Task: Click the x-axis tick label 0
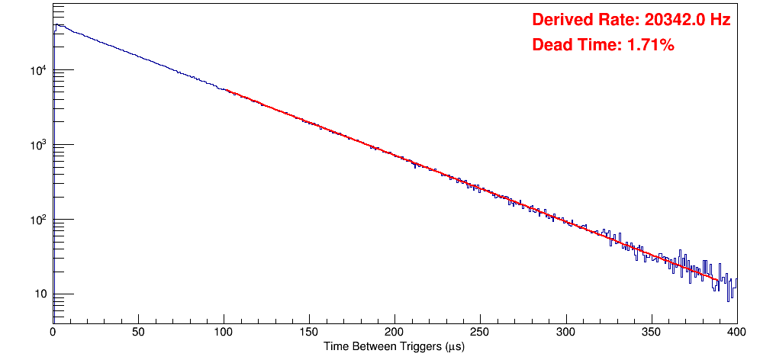click(x=53, y=332)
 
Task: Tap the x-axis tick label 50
click(x=138, y=332)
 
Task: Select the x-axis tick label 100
click(x=224, y=332)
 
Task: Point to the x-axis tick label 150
click(x=309, y=332)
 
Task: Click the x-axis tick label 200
click(x=394, y=332)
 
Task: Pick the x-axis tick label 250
click(x=480, y=332)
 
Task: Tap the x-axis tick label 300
click(x=565, y=332)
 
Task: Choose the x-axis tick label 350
click(x=651, y=332)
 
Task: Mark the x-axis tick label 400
click(x=736, y=332)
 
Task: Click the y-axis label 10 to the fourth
click(x=37, y=71)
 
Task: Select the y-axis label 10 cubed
click(x=37, y=146)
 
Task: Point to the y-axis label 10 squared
click(x=37, y=220)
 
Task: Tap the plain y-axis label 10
click(x=39, y=295)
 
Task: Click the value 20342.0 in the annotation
click(x=671, y=21)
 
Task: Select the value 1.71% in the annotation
click(x=650, y=46)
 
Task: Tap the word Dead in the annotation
click(x=550, y=46)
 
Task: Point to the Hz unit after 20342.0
click(x=720, y=21)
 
